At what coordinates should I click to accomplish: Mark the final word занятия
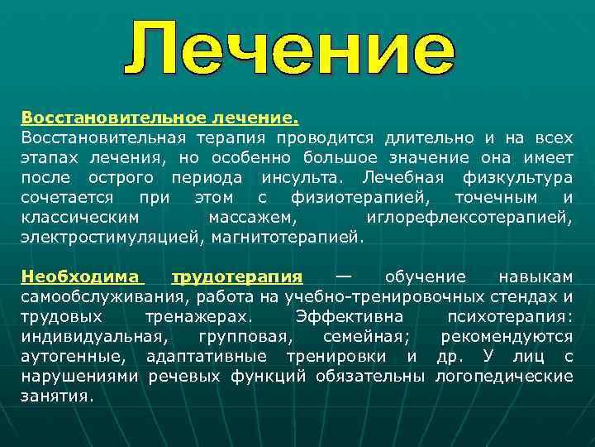point(57,396)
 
